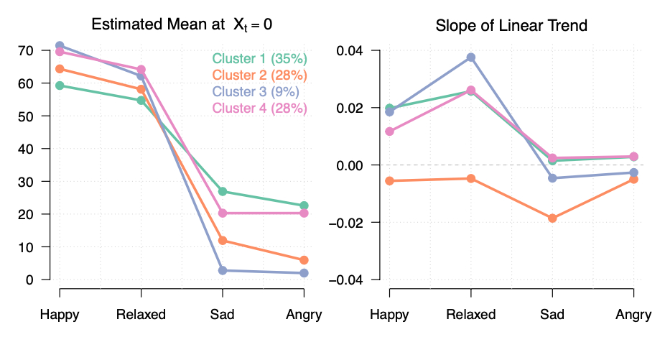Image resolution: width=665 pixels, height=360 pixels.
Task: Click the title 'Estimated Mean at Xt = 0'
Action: tap(182, 25)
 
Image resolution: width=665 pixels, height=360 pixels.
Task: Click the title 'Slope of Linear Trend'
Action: tap(511, 26)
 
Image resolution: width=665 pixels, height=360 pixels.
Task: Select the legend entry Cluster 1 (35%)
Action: tap(259, 59)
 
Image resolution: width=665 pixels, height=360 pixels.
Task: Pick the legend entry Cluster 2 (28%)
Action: tap(259, 75)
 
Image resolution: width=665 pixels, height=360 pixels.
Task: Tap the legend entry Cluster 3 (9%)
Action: tap(255, 92)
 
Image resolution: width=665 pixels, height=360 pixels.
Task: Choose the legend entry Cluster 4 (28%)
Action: tap(259, 109)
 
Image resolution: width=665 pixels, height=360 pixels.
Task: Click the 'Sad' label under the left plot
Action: tap(223, 315)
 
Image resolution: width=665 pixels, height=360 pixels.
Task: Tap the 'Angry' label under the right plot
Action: tap(634, 315)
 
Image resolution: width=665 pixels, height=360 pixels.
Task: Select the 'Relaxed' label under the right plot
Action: tap(470, 315)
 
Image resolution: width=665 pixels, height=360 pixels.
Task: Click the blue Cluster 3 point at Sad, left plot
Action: tap(223, 270)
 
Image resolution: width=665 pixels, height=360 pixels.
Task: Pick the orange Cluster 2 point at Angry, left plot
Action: tap(304, 260)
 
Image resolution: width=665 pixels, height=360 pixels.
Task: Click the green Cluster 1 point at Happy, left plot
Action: tap(60, 86)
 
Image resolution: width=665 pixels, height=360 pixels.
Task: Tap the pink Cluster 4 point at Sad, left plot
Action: tap(223, 213)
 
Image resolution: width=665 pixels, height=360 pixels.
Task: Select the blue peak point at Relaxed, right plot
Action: tap(471, 57)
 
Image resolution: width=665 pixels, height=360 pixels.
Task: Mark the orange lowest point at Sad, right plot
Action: tap(552, 218)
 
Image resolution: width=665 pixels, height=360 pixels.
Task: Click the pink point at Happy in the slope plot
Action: tap(389, 131)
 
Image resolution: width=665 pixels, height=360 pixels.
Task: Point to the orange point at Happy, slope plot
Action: tap(389, 181)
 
